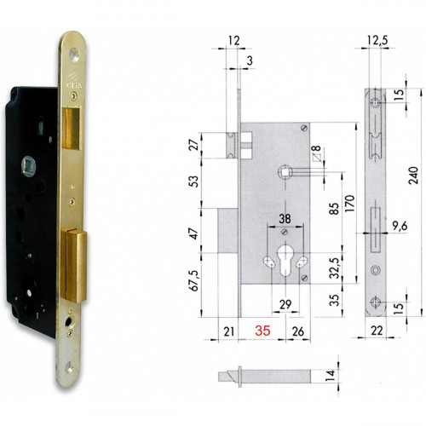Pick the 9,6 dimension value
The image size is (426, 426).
coord(399,227)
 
